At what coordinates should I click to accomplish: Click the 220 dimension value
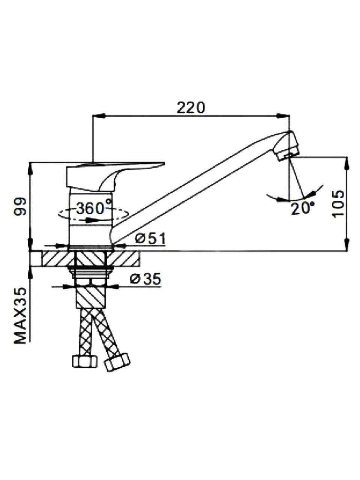tap(190, 108)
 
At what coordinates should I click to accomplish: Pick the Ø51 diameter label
tap(150, 238)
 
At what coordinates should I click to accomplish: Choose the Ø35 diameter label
tap(145, 279)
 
